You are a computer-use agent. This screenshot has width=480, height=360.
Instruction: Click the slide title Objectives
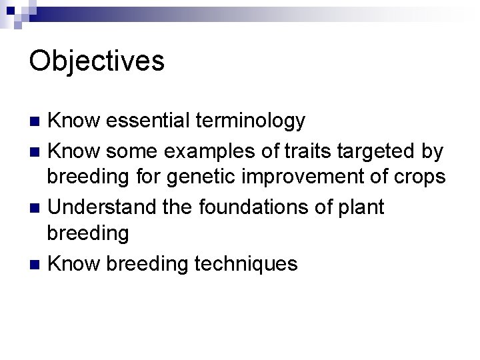pyautogui.click(x=97, y=61)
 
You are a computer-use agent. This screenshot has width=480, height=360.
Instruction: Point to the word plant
pyautogui.click(x=361, y=209)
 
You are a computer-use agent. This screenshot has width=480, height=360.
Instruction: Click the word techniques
pyautogui.click(x=246, y=265)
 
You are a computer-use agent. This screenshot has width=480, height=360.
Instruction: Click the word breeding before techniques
pyautogui.click(x=147, y=265)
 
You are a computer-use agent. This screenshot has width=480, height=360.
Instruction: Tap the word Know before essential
pyautogui.click(x=73, y=121)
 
